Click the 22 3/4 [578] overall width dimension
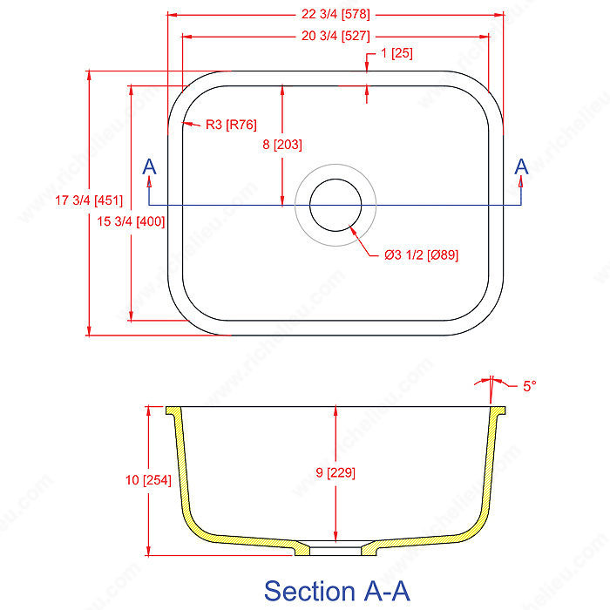tap(335, 13)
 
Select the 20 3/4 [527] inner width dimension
tap(335, 36)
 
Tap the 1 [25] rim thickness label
tap(396, 53)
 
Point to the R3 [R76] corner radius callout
tap(231, 125)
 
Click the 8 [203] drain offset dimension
tap(281, 146)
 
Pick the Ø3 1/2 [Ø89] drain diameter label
tap(421, 255)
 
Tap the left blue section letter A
tap(149, 166)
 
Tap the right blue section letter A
tap(522, 166)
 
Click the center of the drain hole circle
tap(335, 205)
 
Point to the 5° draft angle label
tap(529, 385)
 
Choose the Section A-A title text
tap(335, 590)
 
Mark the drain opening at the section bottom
tap(335, 550)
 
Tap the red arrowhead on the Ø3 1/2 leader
tap(353, 231)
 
